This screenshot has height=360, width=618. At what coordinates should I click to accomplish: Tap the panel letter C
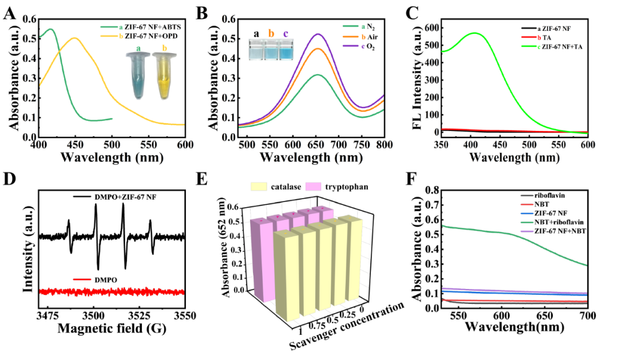click(411, 12)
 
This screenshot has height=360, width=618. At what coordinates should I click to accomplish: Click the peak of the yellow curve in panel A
click(74, 38)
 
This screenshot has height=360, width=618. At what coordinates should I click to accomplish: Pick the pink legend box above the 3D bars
click(315, 187)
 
